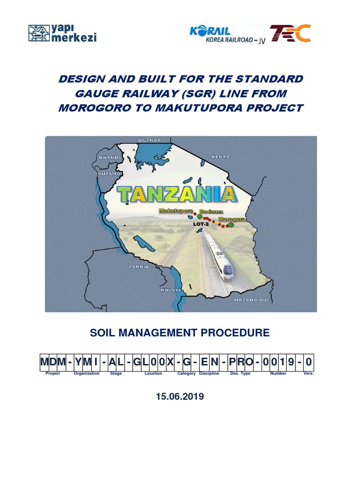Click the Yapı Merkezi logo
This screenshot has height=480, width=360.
point(62,33)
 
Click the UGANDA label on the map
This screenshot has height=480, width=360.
point(150,140)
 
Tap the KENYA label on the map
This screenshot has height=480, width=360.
point(221,156)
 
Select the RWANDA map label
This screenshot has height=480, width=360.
point(110,158)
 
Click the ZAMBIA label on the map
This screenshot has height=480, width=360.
point(138,267)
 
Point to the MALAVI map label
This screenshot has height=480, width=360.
point(171,290)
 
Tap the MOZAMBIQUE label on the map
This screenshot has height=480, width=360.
point(252,299)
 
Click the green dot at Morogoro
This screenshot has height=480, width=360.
point(231,225)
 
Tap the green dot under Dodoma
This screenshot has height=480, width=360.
point(200,217)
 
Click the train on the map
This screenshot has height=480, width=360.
point(218,255)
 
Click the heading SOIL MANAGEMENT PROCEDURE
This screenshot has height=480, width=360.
point(180,333)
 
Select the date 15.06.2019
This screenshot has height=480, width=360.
point(180,397)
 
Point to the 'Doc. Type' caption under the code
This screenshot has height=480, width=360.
point(240,374)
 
